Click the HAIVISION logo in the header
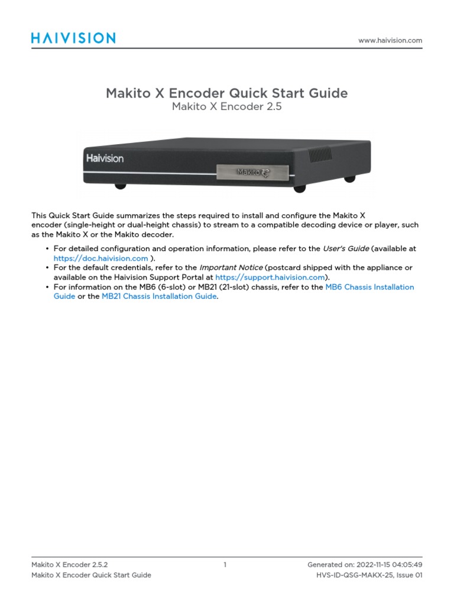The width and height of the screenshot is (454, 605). [x=73, y=38]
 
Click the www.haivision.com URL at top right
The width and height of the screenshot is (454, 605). [x=390, y=40]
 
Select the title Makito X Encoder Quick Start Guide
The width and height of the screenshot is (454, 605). [x=226, y=93]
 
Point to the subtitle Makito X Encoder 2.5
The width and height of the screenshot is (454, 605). [x=226, y=107]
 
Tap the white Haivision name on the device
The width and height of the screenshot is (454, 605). [x=105, y=158]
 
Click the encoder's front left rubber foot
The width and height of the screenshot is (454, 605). [x=121, y=186]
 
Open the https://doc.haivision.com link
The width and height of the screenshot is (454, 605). [x=100, y=258]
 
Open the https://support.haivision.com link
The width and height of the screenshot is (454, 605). [x=270, y=277]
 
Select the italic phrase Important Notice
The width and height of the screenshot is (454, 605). [x=233, y=268]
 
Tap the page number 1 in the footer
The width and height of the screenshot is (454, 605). [x=225, y=565]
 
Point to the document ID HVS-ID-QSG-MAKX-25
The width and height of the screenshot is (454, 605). [x=351, y=575]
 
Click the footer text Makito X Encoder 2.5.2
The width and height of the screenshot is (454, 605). [x=69, y=565]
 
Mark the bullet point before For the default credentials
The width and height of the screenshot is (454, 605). [x=47, y=268]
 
